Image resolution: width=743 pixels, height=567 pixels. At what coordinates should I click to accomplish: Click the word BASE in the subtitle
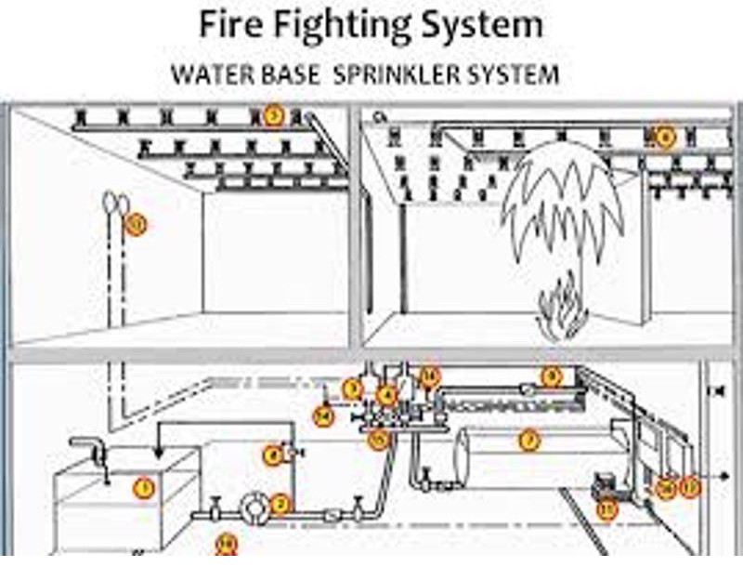coord(277,74)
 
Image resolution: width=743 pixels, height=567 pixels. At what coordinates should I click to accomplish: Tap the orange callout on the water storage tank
coord(143,486)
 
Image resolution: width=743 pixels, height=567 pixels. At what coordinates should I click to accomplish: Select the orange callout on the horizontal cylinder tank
coord(528,442)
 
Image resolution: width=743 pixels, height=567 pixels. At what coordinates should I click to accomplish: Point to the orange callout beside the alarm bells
coord(137,223)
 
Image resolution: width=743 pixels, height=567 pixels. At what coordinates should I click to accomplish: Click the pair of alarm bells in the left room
coord(115,202)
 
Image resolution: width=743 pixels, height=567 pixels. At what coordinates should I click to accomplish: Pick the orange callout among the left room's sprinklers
coord(273,116)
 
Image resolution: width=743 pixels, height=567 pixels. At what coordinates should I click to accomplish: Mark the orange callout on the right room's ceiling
coord(664,137)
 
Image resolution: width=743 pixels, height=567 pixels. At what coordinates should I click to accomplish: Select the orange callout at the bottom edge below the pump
coord(226,545)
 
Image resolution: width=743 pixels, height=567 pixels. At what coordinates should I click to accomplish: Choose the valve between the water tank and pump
coord(214,510)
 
